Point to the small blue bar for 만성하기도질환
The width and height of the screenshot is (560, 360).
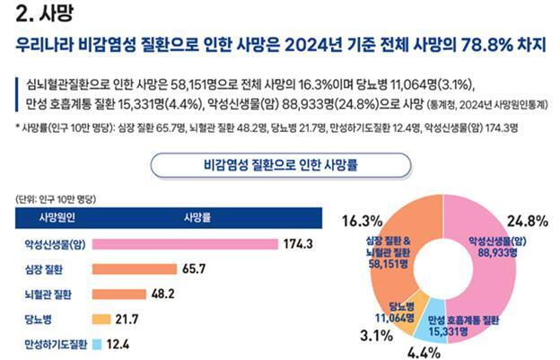coord(95,343)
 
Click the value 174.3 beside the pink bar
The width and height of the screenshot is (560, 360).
coord(297,244)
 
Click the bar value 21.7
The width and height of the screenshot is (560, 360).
coord(127,319)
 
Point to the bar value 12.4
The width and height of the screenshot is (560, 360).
coord(118,343)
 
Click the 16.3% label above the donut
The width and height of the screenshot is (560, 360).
coord(361,220)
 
